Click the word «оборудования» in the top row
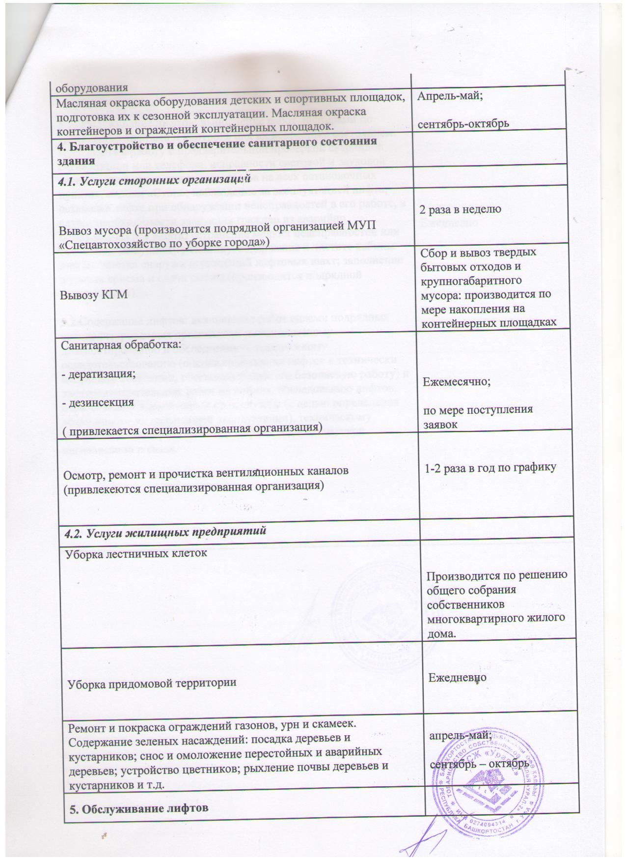[x=92, y=88]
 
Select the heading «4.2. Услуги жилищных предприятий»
[x=162, y=531]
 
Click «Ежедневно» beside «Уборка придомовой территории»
[x=457, y=677]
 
